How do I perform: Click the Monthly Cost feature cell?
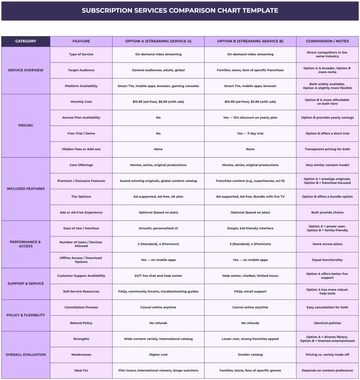[83, 102]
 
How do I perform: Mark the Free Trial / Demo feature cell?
[83, 131]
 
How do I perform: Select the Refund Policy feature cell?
[83, 322]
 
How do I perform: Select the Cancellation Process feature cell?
[83, 307]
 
